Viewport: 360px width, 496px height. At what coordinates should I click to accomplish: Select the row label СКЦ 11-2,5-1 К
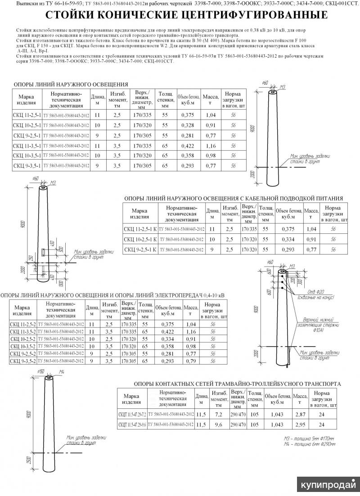click(140, 229)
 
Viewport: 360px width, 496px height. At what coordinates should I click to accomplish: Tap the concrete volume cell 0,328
click(187, 125)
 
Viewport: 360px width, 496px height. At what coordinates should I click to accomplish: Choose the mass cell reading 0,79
click(191, 361)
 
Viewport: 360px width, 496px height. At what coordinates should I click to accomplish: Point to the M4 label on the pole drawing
click(63, 372)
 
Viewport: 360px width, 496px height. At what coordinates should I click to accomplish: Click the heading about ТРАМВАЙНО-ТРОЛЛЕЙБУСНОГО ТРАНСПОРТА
click(237, 384)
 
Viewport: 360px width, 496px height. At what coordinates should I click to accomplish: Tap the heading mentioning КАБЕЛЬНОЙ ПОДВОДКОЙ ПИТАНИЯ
click(234, 198)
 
